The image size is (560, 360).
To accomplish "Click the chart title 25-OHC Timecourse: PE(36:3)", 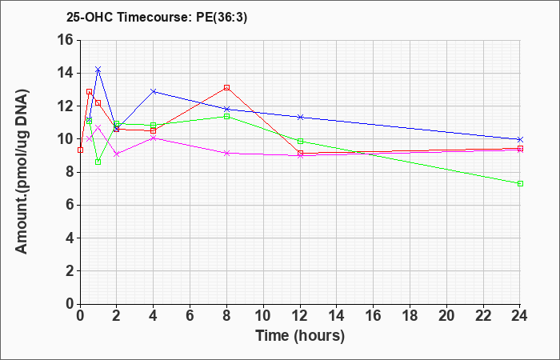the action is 157,17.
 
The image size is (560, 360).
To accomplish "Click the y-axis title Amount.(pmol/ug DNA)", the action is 22,172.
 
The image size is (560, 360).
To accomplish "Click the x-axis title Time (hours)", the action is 300,336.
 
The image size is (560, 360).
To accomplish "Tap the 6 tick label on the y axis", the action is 70,206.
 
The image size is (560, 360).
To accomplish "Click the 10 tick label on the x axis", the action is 263,315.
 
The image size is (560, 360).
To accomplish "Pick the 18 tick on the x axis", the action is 410,315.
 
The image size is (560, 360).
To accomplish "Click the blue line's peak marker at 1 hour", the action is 98,70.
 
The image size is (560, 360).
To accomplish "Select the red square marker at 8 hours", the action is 226,87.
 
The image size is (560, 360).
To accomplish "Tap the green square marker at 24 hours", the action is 520,183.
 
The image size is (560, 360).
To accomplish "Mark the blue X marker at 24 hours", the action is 520,139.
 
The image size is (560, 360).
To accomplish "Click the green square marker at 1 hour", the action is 98,162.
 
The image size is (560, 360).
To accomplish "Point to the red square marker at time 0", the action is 80,150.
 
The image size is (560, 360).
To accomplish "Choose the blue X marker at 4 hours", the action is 154,91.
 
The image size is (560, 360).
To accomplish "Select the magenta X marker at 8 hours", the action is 226,153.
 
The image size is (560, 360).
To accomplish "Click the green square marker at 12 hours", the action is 300,141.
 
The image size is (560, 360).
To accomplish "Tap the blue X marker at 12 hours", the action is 300,117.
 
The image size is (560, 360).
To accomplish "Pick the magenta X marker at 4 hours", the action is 154,138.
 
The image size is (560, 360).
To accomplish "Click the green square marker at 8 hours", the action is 226,117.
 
